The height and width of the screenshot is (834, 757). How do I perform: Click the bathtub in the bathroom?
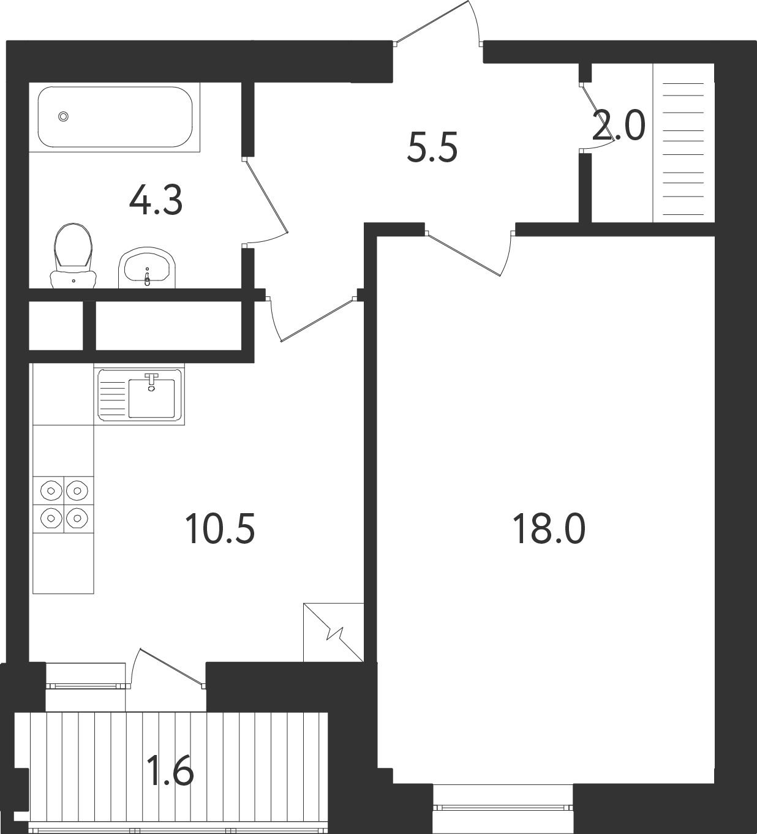point(115,117)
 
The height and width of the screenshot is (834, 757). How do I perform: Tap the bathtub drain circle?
point(63,117)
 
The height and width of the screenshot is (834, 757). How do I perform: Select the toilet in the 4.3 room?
point(73,255)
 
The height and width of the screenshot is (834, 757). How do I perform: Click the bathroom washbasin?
point(147,268)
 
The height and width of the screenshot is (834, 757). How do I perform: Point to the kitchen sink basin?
point(151,398)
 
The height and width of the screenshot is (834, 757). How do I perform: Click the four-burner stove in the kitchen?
point(64,505)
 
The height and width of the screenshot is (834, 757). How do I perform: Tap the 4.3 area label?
point(156,201)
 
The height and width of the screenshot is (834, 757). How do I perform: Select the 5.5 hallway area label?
point(432,147)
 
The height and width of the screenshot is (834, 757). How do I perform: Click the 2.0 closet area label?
point(619,126)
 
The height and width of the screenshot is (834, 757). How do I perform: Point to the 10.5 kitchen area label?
point(220,528)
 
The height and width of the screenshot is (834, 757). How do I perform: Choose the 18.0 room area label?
point(549,529)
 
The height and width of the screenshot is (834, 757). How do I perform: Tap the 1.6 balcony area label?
point(171,770)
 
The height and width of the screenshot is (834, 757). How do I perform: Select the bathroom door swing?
point(265,200)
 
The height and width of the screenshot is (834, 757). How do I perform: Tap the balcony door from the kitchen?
point(168,668)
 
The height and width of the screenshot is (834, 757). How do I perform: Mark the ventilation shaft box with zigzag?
point(333,632)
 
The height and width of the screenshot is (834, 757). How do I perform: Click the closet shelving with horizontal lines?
point(684,143)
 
